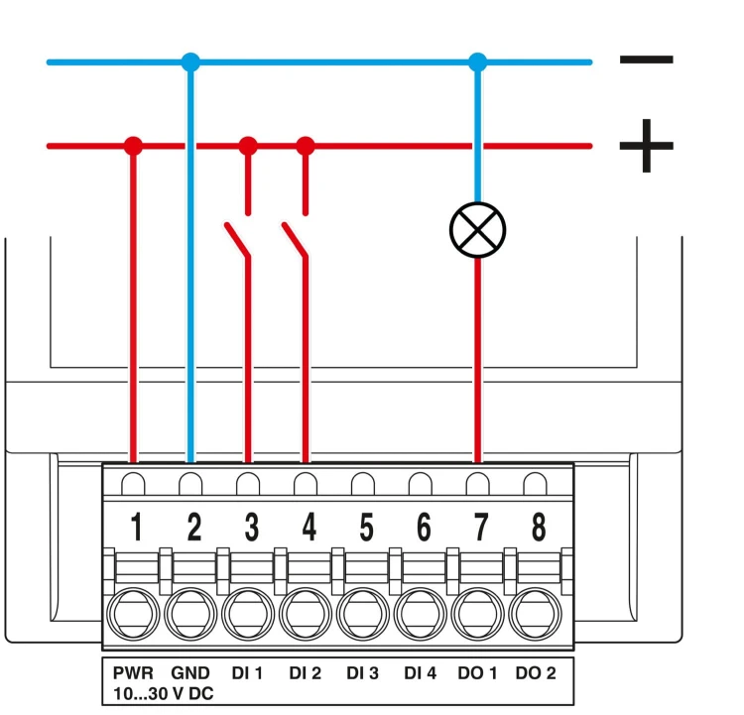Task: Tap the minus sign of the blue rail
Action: pyautogui.click(x=646, y=60)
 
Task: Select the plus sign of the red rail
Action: pyautogui.click(x=646, y=146)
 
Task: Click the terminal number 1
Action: pyautogui.click(x=136, y=527)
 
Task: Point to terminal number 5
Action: pyautogui.click(x=366, y=527)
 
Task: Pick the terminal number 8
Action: pyautogui.click(x=539, y=527)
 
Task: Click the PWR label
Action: pyautogui.click(x=133, y=672)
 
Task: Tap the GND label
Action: pyautogui.click(x=190, y=672)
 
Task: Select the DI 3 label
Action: pyautogui.click(x=362, y=672)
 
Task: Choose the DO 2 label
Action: pyautogui.click(x=536, y=672)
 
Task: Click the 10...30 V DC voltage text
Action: pyautogui.click(x=164, y=693)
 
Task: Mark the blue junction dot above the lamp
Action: pyautogui.click(x=478, y=62)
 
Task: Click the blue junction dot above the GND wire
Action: pyautogui.click(x=190, y=62)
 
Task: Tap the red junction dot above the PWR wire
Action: pyautogui.click(x=133, y=146)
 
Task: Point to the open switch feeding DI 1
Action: pyautogui.click(x=237, y=240)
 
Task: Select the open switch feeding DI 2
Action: pyautogui.click(x=296, y=240)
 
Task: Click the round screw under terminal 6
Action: pyautogui.click(x=421, y=614)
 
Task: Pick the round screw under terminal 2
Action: pyautogui.click(x=190, y=614)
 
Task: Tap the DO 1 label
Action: pyautogui.click(x=477, y=672)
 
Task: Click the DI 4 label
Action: pyautogui.click(x=421, y=672)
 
